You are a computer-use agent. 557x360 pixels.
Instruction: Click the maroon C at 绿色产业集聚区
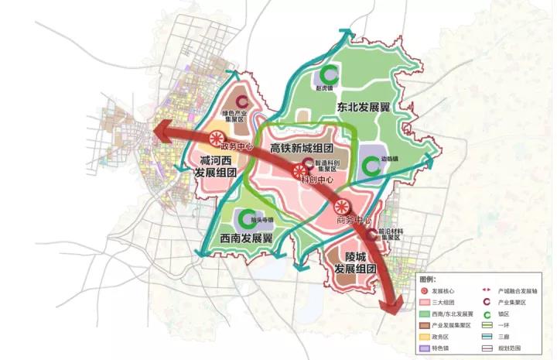[x=242, y=101]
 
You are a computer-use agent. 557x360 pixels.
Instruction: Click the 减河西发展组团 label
[x=215, y=164]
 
